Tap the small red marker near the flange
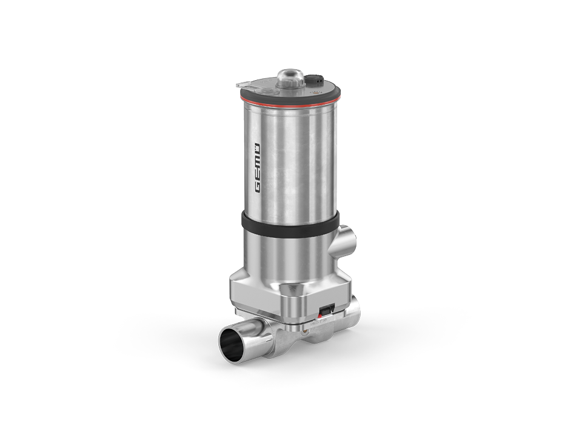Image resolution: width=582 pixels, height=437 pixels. (x=322, y=314)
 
